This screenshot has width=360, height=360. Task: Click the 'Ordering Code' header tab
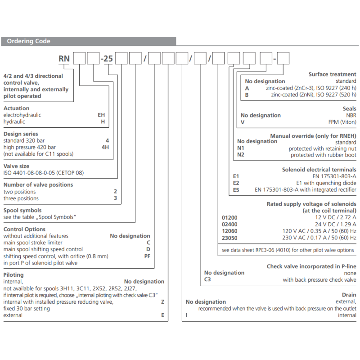(x=28, y=41)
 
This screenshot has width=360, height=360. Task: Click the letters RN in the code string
(x=65, y=58)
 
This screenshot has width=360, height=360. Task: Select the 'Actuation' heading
(x=17, y=108)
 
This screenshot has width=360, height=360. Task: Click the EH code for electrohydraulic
(x=101, y=115)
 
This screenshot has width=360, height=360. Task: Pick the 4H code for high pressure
(x=105, y=147)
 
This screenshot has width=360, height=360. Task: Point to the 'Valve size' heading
(x=17, y=166)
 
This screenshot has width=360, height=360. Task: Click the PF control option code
(x=147, y=256)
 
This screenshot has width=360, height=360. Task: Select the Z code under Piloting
(x=162, y=302)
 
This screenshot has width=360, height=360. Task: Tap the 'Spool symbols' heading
(x=22, y=210)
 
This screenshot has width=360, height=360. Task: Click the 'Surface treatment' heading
(x=332, y=74)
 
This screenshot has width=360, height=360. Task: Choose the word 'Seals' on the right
(x=349, y=108)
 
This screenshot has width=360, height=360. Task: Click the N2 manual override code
(x=241, y=155)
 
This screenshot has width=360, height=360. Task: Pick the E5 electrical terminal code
(x=236, y=190)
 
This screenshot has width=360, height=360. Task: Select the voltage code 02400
(x=229, y=225)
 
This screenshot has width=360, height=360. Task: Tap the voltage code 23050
(x=229, y=238)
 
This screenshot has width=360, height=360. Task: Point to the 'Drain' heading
(x=349, y=295)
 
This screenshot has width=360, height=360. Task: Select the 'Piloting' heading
(x=13, y=274)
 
